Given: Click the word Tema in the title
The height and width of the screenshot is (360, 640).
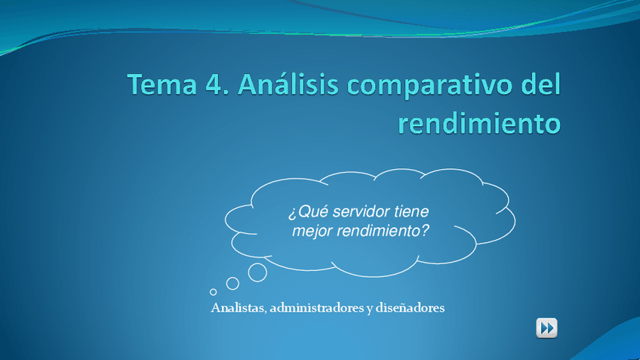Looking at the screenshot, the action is coord(162,84).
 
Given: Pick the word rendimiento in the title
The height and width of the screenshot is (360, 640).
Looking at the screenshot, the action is coord(479,122).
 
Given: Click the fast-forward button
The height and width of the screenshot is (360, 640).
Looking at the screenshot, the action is coord(546,328).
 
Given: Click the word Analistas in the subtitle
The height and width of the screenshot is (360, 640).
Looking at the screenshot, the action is coord(238,308).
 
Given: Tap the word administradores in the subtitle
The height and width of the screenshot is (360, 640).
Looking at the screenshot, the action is coord(317,308).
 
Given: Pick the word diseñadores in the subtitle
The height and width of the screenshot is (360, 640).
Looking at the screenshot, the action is coord(410,308).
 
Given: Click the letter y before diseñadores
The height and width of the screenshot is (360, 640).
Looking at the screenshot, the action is coord(369,309).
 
